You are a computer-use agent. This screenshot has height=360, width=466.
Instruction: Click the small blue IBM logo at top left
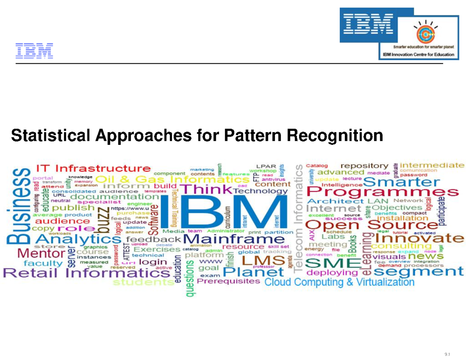[x=34, y=51]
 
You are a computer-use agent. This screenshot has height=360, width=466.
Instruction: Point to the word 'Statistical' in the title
[x=51, y=136]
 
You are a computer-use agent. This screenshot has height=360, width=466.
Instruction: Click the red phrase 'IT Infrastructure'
[x=93, y=169]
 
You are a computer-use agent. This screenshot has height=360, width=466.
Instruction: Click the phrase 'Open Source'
[x=371, y=225]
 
